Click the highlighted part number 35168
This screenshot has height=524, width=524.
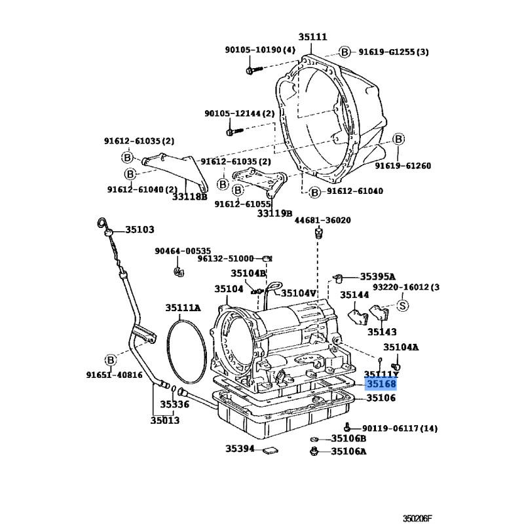click(381, 384)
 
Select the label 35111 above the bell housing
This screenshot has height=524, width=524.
click(312, 37)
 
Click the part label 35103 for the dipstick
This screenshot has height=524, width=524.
click(140, 229)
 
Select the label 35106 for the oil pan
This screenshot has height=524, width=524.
click(381, 398)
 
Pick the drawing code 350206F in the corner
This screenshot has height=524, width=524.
click(417, 518)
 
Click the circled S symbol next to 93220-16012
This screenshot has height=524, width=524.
click(403, 305)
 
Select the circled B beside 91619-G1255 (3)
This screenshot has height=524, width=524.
click(345, 52)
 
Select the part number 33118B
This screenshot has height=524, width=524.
click(190, 196)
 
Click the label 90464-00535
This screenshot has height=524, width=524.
click(183, 250)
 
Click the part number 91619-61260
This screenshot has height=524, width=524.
click(402, 166)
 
